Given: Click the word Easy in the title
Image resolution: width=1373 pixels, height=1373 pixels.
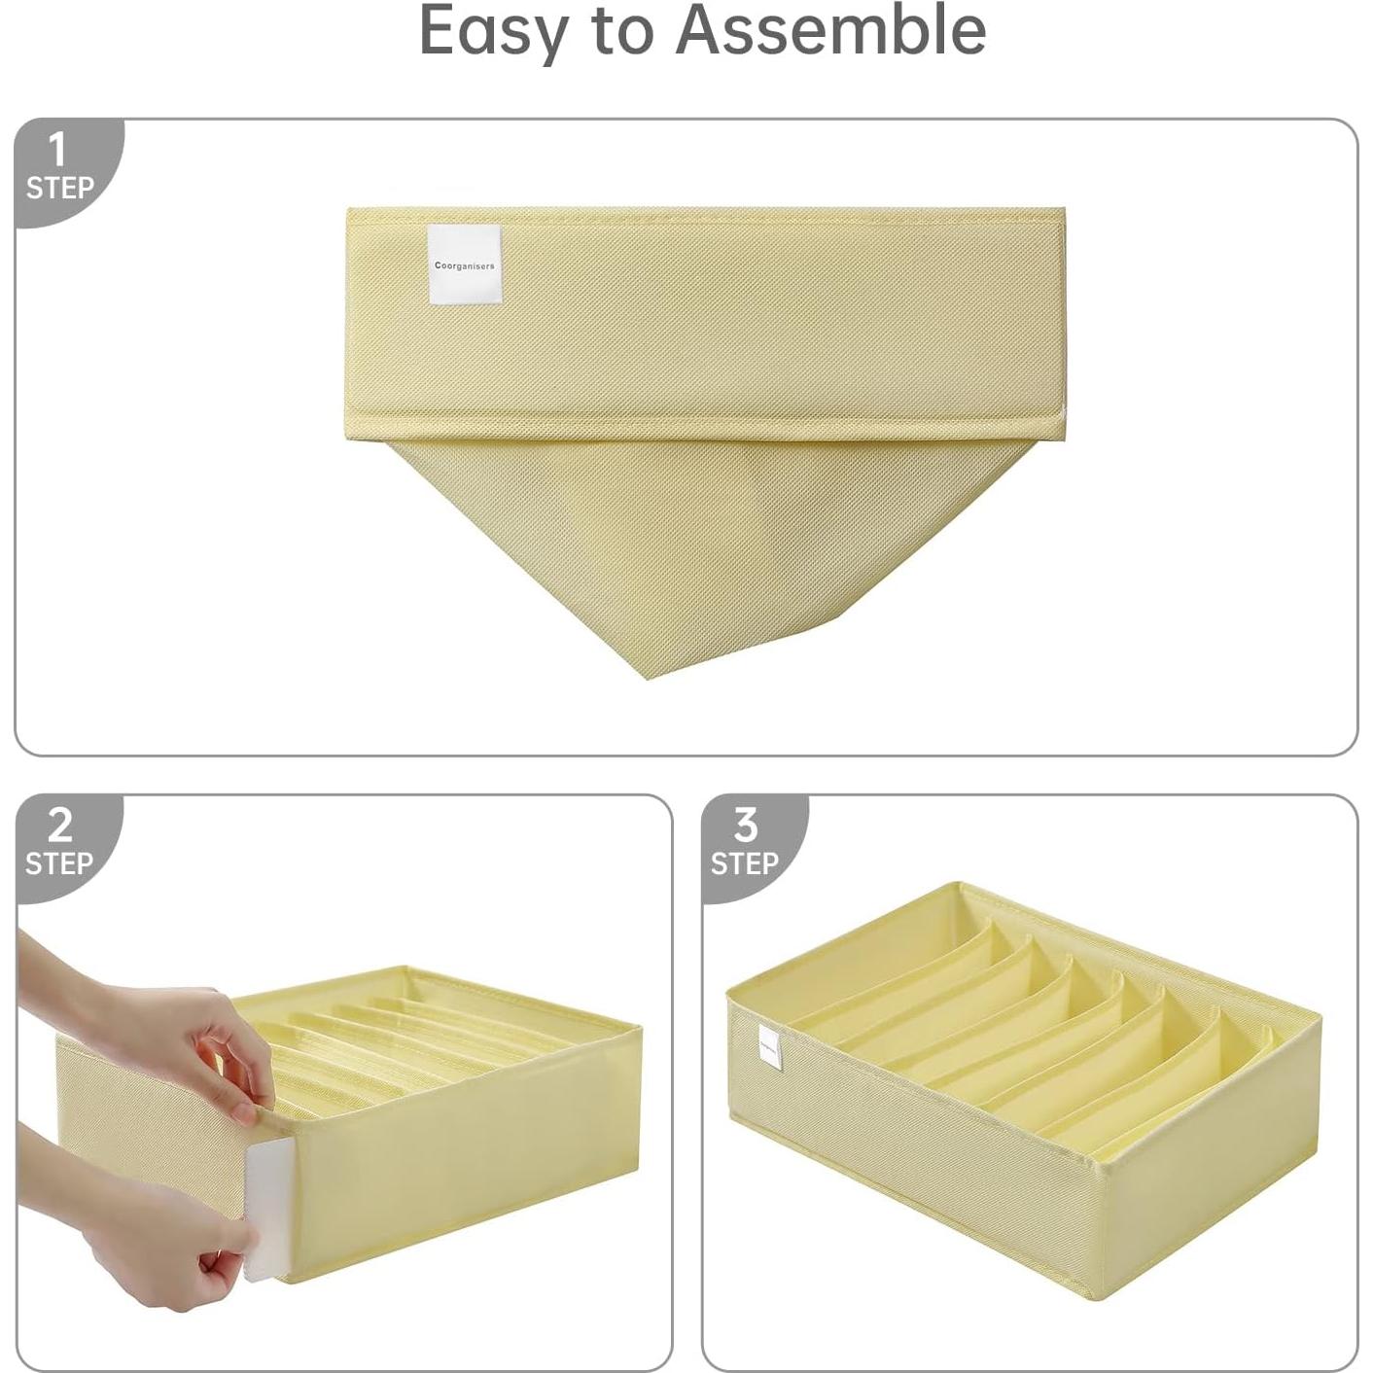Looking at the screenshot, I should pyautogui.click(x=493, y=31).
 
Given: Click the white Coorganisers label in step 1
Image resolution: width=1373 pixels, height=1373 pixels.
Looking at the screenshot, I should pyautogui.click(x=464, y=264).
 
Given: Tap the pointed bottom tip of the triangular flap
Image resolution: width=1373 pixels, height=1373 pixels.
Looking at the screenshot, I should pyautogui.click(x=650, y=673).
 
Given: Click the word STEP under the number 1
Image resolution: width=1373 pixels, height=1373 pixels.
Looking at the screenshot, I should pyautogui.click(x=59, y=188).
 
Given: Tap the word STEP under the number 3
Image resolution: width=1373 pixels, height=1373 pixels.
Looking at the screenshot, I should pyautogui.click(x=745, y=863).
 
